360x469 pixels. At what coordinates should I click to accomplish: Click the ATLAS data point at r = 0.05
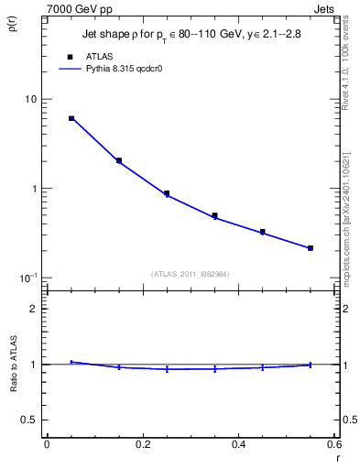pos(71,118)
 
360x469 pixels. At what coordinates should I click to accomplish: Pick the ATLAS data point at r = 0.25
pos(167,193)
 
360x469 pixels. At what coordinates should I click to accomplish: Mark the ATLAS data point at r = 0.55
pos(311,247)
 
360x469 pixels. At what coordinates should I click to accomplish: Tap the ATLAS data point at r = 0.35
pos(214,216)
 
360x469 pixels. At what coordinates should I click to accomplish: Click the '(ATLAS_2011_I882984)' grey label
pos(190,273)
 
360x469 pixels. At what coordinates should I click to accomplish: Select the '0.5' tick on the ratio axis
pos(29,420)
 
